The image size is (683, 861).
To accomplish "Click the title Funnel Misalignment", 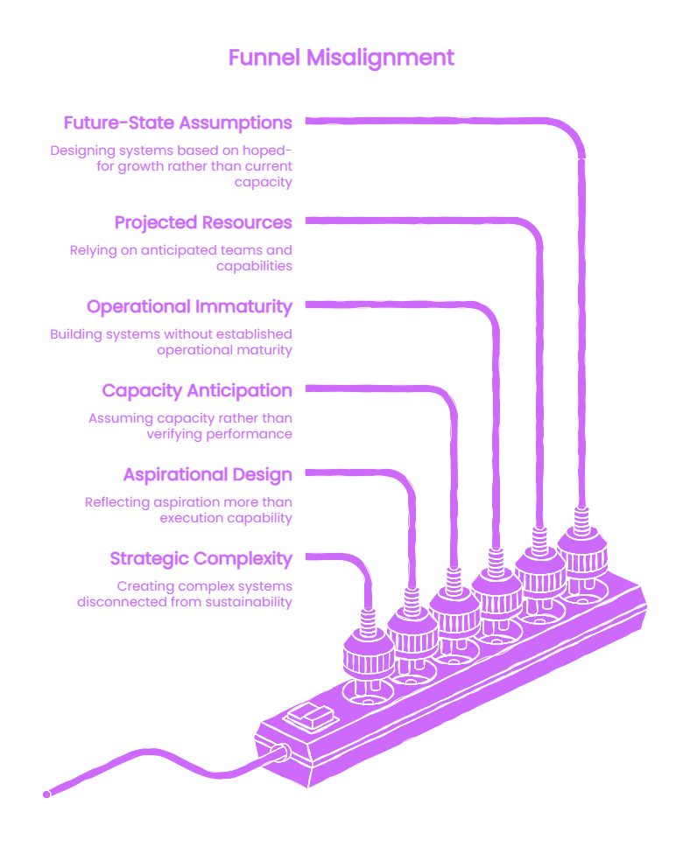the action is [x=341, y=58].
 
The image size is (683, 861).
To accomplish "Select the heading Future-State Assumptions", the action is [x=178, y=123].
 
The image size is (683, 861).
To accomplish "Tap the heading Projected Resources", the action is [x=203, y=223].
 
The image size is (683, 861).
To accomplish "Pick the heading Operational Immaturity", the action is [x=189, y=306].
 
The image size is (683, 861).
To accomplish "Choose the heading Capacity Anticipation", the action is [x=197, y=390].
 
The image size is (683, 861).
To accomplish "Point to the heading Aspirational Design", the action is [x=208, y=474].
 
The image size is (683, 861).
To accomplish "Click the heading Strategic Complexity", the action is [x=201, y=558].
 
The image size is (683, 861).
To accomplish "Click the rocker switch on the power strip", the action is [x=311, y=717].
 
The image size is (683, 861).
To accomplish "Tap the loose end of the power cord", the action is [x=46, y=794].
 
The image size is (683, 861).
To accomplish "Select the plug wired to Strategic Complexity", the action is [x=368, y=649].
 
